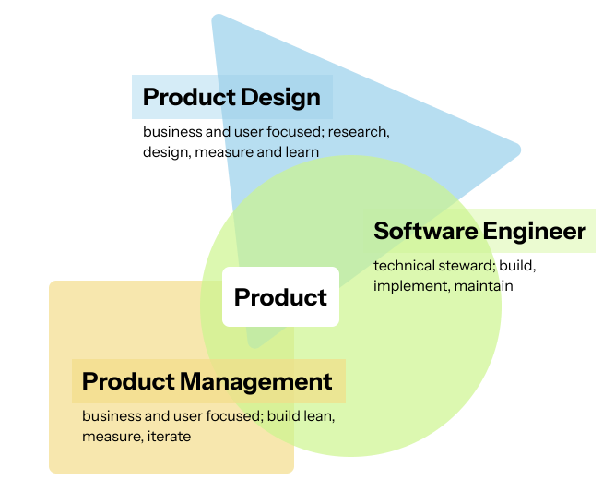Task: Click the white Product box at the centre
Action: [280, 297]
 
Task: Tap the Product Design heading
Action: [231, 97]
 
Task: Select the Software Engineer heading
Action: [479, 231]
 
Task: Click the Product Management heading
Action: [207, 381]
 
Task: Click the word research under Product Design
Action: [359, 131]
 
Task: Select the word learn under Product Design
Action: [301, 151]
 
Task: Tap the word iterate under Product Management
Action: [170, 436]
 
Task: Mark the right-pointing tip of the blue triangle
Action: [519, 149]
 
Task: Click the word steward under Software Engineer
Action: [467, 266]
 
